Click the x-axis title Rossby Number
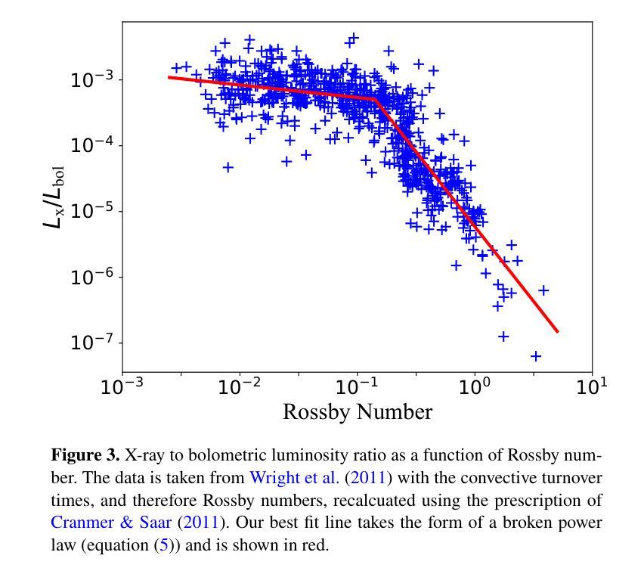357,412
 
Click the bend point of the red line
375,98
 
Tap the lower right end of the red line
557,331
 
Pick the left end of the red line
169,77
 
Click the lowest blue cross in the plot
536,355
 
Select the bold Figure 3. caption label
85,456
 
